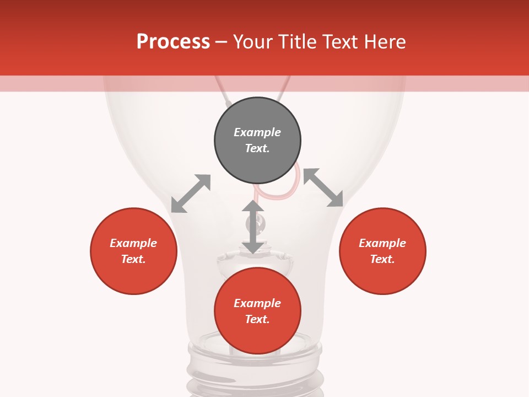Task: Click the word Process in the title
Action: pyautogui.click(x=173, y=42)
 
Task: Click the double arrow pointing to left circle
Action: pyautogui.click(x=191, y=194)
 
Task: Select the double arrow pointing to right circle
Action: pyautogui.click(x=323, y=187)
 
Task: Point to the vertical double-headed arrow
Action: pyautogui.click(x=253, y=227)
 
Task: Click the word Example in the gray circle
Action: pyautogui.click(x=257, y=132)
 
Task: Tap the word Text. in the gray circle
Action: pyautogui.click(x=257, y=148)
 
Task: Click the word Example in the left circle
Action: pyautogui.click(x=133, y=243)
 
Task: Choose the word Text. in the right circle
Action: pyautogui.click(x=382, y=259)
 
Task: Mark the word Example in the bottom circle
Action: pyautogui.click(x=257, y=303)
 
